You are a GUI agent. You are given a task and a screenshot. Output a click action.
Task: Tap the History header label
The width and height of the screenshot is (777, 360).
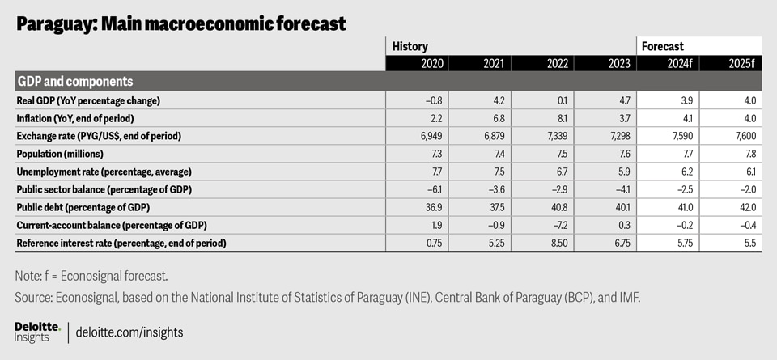click(x=410, y=47)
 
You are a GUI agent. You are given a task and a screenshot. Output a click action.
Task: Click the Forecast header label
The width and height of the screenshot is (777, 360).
click(x=663, y=47)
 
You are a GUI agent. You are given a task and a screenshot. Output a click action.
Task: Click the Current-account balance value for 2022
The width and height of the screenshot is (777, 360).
click(x=558, y=225)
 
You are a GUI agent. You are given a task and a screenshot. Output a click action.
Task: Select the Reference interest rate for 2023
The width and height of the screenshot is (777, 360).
click(x=619, y=243)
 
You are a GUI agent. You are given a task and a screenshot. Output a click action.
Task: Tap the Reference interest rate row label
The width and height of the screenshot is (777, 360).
click(x=121, y=243)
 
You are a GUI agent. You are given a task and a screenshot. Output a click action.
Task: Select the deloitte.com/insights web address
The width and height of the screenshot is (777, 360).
click(x=129, y=332)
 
